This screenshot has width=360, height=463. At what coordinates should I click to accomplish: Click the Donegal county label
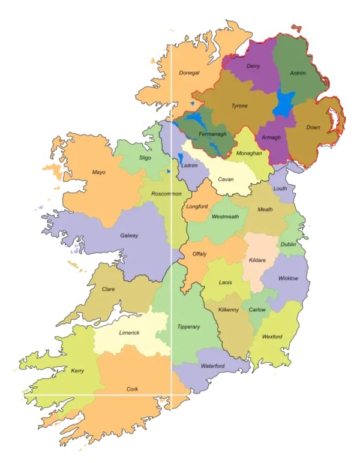(x=189, y=73)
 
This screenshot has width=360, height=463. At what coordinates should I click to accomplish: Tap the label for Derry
(x=253, y=66)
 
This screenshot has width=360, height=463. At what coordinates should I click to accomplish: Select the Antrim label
(x=298, y=73)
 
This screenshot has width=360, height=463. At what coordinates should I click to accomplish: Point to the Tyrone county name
(x=239, y=106)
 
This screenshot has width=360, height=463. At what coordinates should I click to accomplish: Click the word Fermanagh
(x=212, y=134)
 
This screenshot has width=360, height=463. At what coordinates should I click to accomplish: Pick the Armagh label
(x=272, y=137)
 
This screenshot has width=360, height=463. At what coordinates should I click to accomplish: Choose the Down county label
(x=313, y=127)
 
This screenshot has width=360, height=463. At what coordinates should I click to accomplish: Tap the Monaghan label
(x=249, y=153)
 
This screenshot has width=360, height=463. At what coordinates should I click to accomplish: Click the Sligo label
(x=145, y=158)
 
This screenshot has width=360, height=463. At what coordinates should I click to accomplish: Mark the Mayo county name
(x=98, y=172)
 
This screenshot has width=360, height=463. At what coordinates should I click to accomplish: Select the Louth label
(x=280, y=188)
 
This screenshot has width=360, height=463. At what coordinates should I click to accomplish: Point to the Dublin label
(x=288, y=245)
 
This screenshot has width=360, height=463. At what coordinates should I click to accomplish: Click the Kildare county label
(x=257, y=260)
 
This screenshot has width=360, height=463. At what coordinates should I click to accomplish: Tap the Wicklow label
(x=288, y=278)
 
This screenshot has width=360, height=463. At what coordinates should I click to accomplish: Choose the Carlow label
(x=257, y=309)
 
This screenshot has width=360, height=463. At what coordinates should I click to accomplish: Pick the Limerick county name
(x=129, y=332)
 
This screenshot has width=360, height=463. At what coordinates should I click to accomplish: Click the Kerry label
(x=77, y=371)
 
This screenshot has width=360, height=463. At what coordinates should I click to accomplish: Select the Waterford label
(x=212, y=366)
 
